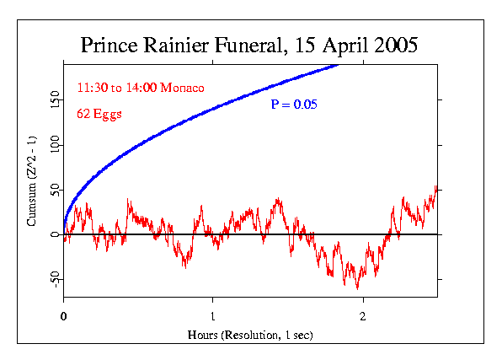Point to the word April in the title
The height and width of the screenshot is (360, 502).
(x=338, y=46)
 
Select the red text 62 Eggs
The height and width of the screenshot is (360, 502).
(x=99, y=114)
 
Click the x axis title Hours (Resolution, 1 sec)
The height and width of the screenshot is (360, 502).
(x=250, y=335)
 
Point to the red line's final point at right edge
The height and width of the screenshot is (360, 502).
(x=436, y=187)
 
